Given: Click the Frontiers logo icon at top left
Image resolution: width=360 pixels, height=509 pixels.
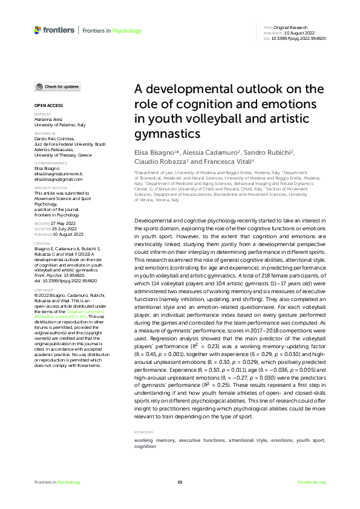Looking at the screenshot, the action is click(38, 30).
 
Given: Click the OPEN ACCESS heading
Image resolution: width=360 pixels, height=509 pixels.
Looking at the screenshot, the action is click(45, 106).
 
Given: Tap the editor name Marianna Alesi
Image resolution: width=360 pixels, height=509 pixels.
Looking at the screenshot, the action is click(48, 120).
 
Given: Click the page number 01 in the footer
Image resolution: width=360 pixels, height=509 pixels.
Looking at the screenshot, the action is click(180, 482).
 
